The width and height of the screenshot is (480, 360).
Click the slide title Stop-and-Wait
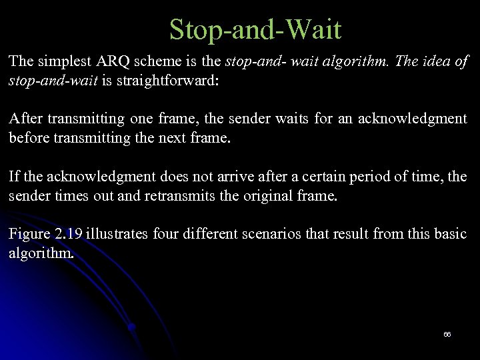[255, 30]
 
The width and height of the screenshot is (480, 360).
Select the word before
[29, 139]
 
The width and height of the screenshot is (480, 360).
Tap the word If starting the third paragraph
[13, 177]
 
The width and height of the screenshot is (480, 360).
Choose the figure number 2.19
[68, 234]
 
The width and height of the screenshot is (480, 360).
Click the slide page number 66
[447, 334]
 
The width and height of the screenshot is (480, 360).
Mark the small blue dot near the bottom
[132, 327]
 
